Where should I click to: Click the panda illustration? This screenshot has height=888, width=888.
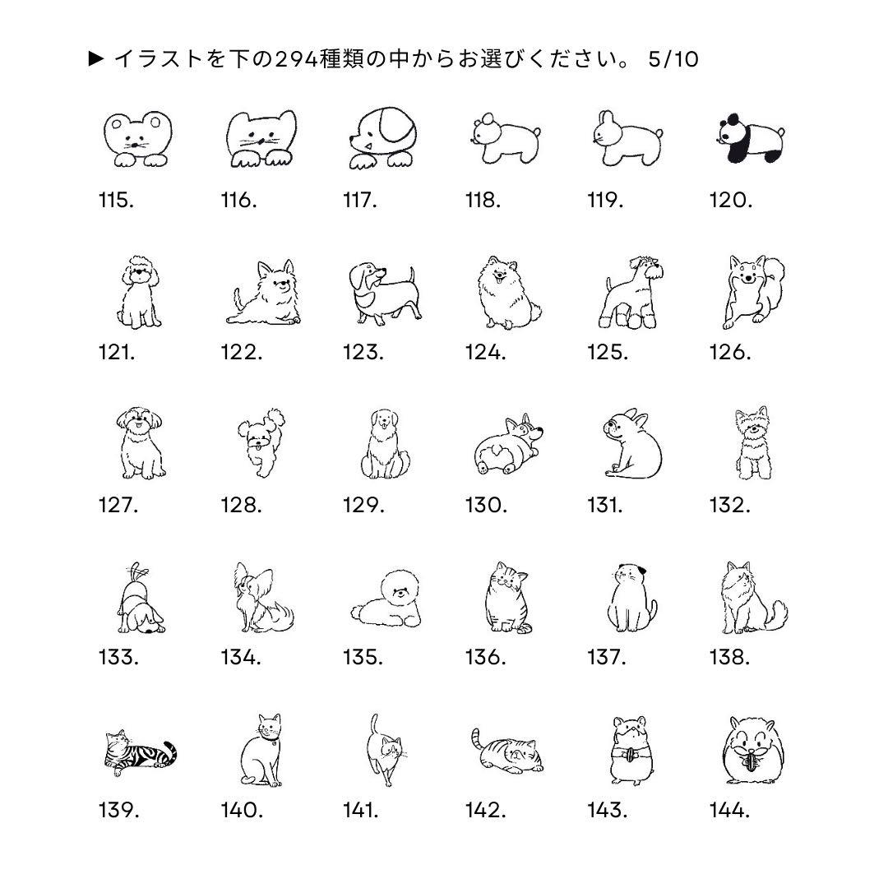click(x=750, y=139)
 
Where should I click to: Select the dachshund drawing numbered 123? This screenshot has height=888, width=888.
click(x=385, y=293)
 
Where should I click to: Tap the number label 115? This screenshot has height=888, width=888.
click(x=117, y=200)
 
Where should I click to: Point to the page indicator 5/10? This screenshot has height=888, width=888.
click(x=673, y=59)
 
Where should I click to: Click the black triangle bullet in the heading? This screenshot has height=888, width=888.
click(x=95, y=58)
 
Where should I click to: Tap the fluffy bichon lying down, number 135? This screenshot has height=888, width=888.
click(x=386, y=599)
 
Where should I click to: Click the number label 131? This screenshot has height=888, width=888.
click(x=605, y=505)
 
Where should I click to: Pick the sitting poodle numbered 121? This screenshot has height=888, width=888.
click(x=139, y=292)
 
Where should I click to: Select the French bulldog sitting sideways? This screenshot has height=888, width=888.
click(x=632, y=443)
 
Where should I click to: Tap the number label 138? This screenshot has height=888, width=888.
click(x=729, y=657)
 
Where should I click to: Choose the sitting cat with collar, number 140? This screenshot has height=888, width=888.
click(x=261, y=751)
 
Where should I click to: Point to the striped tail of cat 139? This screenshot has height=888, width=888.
click(x=169, y=752)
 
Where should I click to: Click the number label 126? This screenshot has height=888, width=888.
click(x=730, y=352)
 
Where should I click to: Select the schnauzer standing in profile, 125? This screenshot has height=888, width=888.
click(x=631, y=292)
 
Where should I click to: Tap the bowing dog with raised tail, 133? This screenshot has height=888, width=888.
click(x=141, y=598)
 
